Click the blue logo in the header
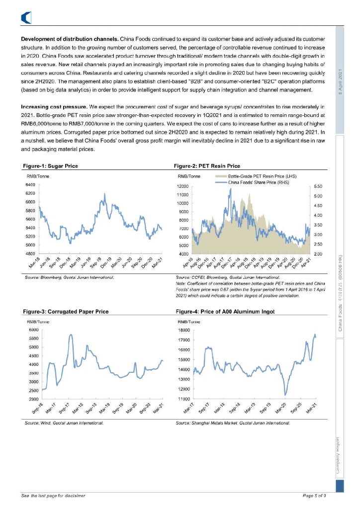coord(26,18)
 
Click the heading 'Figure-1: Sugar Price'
coord(51,166)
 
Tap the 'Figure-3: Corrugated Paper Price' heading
coord(66,312)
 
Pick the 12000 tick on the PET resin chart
coord(185,186)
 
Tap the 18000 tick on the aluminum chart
coord(184,330)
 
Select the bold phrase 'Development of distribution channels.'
coord(69,39)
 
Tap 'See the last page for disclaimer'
coord(53,496)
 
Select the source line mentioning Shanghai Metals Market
coord(233,424)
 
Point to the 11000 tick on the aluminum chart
coord(184,399)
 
